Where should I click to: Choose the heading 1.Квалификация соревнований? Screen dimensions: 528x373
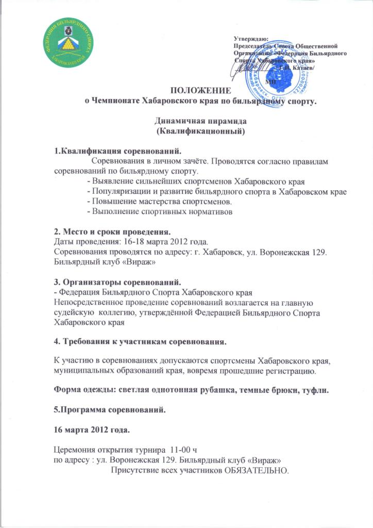[x=118, y=152]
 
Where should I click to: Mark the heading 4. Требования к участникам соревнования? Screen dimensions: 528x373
[x=141, y=342]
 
